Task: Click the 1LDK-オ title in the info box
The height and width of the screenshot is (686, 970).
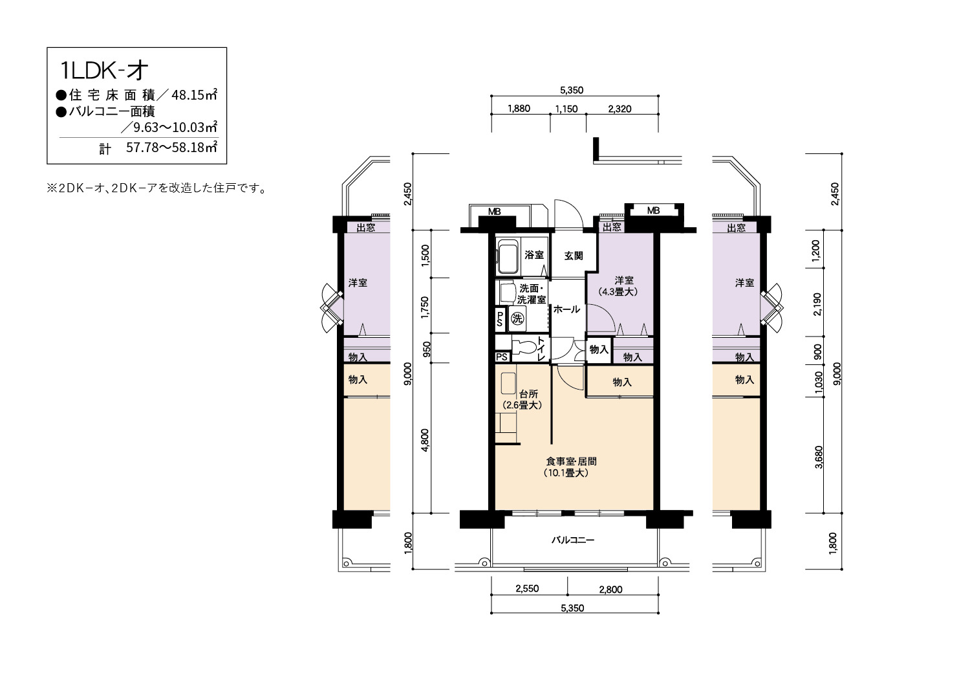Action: (x=104, y=71)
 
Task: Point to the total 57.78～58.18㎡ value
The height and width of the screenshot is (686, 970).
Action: (x=171, y=148)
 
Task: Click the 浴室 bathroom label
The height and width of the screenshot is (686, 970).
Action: (x=534, y=255)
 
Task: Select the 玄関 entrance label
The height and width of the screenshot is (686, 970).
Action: (x=574, y=256)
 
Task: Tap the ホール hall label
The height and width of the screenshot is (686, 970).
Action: (x=566, y=309)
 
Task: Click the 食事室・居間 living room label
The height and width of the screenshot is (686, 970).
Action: (x=572, y=461)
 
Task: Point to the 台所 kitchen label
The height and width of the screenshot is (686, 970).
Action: (x=528, y=394)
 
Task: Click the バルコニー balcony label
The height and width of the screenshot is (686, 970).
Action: (x=572, y=540)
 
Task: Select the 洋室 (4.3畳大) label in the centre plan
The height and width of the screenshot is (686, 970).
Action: (x=618, y=286)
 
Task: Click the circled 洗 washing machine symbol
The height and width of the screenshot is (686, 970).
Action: (x=517, y=319)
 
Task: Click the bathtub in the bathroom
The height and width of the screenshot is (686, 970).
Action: (x=508, y=258)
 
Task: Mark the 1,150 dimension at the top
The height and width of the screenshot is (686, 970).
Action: (x=566, y=109)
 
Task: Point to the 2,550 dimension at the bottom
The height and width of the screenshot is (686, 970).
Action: (x=527, y=588)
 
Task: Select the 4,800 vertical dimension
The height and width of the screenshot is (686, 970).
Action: (x=426, y=440)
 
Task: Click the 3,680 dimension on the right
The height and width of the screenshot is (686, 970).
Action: (x=819, y=457)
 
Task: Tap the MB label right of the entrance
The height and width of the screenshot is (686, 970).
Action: (x=653, y=210)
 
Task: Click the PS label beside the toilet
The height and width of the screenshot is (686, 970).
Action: (x=502, y=357)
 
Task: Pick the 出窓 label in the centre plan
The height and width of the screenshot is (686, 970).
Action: (x=612, y=227)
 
